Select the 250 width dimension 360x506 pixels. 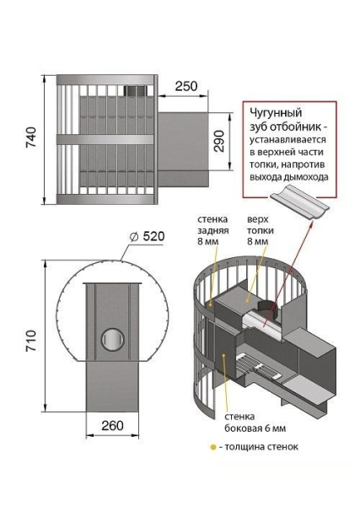point(186,86)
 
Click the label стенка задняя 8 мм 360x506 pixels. point(212,230)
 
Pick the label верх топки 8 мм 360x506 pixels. point(258,230)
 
